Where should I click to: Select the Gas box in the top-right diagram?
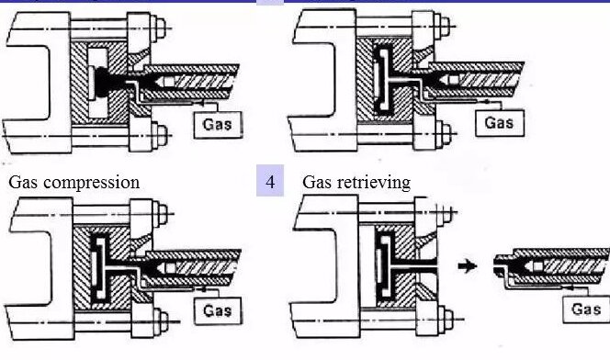(x=499, y=120)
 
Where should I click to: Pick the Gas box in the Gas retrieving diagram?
(x=586, y=309)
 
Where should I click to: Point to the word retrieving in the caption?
(x=374, y=182)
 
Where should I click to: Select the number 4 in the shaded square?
(x=270, y=182)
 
